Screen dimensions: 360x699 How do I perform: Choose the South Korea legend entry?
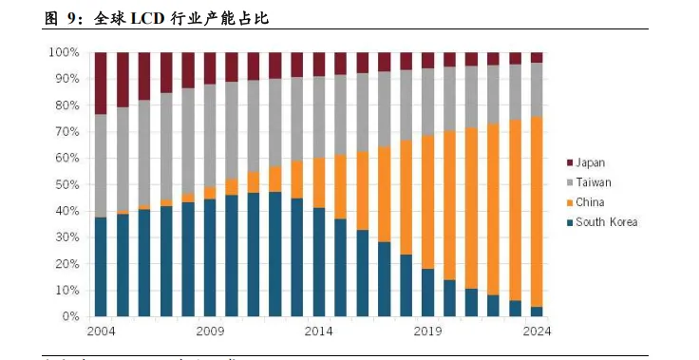[x=606, y=222]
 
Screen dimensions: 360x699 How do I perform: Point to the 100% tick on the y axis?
[x=65, y=52]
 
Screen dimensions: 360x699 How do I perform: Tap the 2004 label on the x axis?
[x=101, y=332]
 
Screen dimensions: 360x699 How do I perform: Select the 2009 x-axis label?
[x=210, y=332]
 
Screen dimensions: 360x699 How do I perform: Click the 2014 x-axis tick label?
[x=319, y=332]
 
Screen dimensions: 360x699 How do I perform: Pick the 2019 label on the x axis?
[x=428, y=332]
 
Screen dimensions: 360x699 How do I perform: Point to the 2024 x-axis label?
[x=537, y=332]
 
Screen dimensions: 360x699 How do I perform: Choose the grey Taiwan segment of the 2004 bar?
[x=101, y=165]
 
